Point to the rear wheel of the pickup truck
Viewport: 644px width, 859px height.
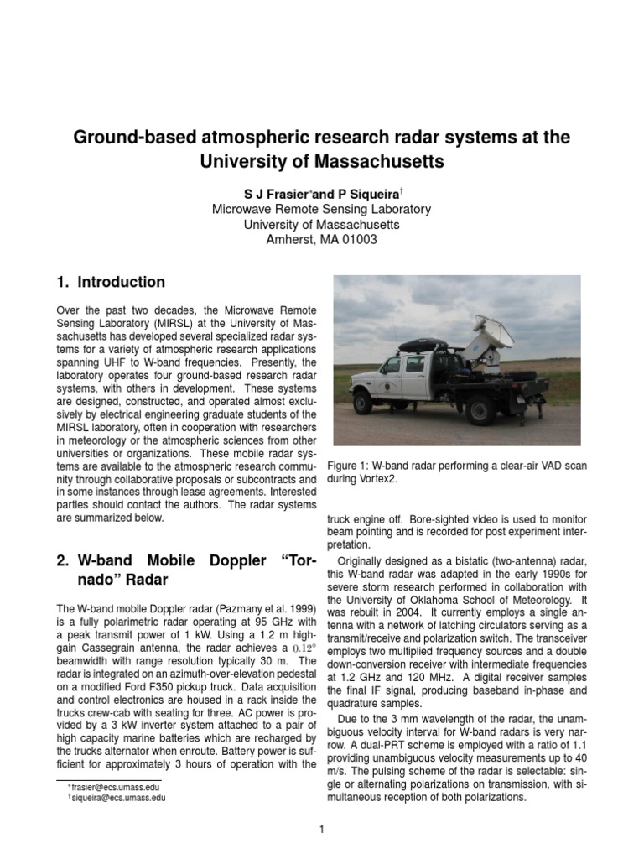[x=481, y=409]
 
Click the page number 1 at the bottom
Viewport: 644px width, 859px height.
[x=321, y=830]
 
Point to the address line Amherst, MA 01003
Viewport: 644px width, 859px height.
[x=321, y=240]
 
